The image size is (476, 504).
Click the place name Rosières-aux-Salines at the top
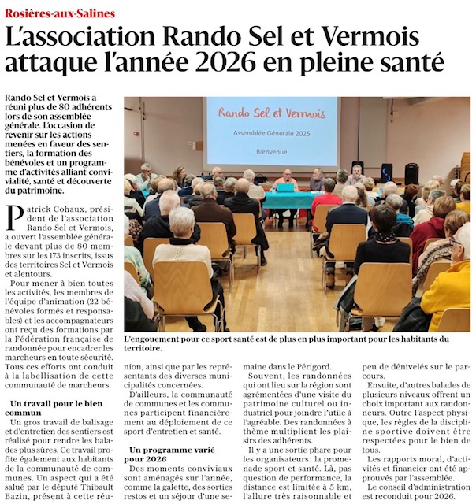(x=59, y=13)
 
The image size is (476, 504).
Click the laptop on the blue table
(x=284, y=187)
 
